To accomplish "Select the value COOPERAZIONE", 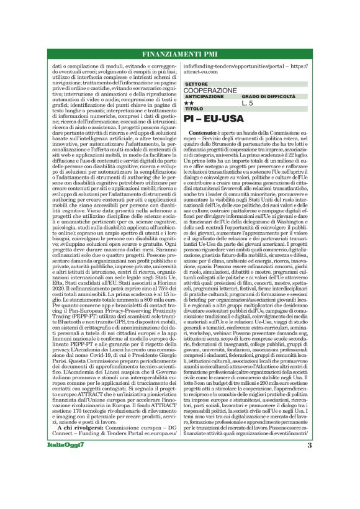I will point(210,90).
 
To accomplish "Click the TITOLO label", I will point(193,109).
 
